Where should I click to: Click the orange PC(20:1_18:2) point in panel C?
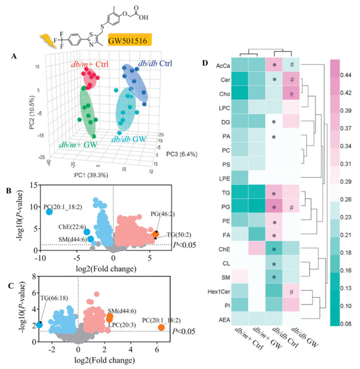point(161,328)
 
